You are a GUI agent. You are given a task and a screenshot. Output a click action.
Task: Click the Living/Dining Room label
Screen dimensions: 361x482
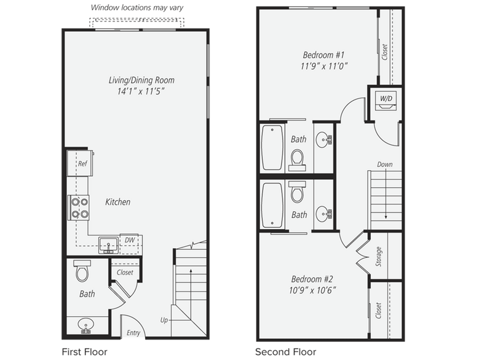point(141,80)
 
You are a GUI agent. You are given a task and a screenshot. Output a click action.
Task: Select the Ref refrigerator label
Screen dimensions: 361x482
point(82,164)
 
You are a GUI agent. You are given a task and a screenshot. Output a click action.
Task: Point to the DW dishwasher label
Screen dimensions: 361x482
point(130,240)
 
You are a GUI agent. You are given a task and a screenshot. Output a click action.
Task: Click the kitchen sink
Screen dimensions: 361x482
point(108,245)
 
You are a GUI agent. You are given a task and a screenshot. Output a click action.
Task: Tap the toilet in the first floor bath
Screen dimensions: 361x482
point(83,271)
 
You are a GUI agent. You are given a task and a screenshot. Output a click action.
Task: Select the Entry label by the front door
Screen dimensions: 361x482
point(133,333)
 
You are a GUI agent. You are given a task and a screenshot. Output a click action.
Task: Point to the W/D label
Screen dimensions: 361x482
point(386,98)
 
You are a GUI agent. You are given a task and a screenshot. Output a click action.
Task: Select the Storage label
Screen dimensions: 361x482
point(379,257)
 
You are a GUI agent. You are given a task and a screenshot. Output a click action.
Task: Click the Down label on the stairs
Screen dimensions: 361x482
point(385,165)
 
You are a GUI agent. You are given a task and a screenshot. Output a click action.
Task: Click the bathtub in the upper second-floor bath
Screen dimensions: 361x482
point(272,148)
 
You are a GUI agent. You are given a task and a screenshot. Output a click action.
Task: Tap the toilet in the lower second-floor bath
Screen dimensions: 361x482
point(298,193)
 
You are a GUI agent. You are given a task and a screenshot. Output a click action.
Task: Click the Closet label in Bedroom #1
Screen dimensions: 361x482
point(385,52)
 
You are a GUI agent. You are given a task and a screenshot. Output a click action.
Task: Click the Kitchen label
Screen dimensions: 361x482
point(117,202)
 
